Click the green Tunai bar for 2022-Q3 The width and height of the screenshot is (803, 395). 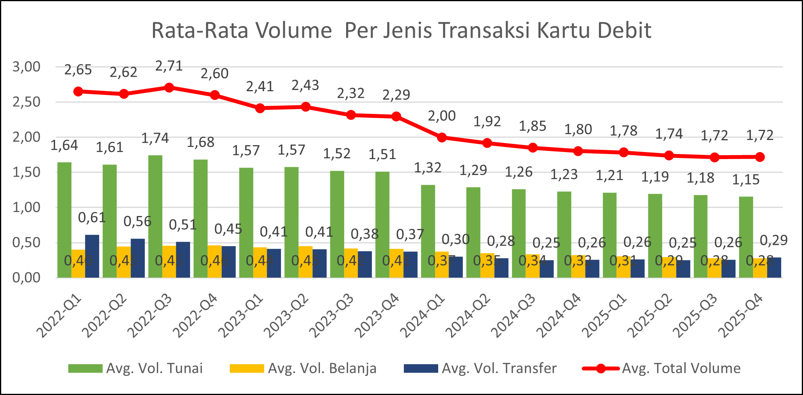pos(155,216)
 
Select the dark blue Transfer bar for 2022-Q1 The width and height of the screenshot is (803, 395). pos(92,256)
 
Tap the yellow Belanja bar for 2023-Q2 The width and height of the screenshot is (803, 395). pos(306,262)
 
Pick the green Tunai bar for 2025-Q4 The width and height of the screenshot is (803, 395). pos(746,237)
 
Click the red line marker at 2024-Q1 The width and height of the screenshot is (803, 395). pos(442,137)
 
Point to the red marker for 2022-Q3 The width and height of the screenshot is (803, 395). pos(169,87)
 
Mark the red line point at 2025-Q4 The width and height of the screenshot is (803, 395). pos(760,157)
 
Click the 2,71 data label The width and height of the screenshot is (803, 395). pos(169,66)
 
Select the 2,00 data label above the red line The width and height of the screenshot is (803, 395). pos(442,116)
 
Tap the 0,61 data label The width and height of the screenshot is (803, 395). pos(92,218)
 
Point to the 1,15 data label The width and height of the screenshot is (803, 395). pos(746,179)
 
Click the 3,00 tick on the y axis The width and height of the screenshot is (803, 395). pos(27,67)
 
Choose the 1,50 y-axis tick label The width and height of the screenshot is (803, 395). pos(27,172)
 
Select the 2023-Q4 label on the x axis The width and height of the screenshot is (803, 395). pos(377,315)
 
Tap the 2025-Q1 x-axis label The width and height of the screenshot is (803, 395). pos(604,315)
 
